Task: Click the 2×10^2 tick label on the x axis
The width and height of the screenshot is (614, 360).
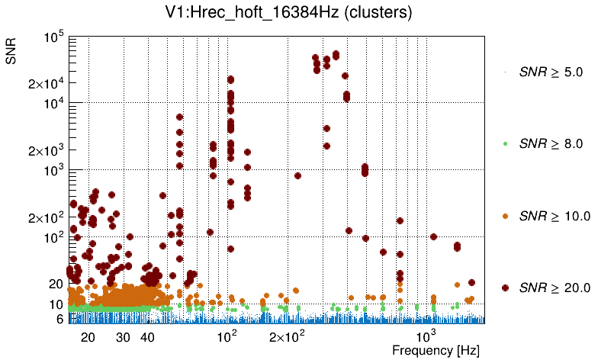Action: point(289,336)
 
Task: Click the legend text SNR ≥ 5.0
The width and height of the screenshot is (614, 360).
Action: point(551,72)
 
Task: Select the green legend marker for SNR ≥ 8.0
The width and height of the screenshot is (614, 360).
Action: point(505,143)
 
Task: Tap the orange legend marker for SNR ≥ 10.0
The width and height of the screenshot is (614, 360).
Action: point(505,216)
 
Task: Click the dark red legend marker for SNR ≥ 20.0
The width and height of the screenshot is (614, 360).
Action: point(505,288)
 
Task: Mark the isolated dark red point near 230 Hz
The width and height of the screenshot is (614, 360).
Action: point(297,175)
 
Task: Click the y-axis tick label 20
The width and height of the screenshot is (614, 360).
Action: point(55,284)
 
